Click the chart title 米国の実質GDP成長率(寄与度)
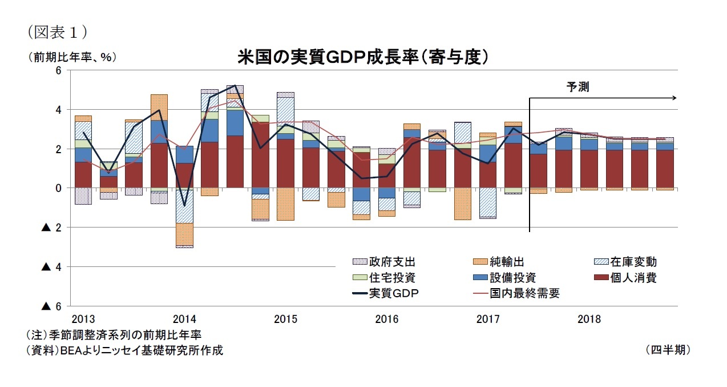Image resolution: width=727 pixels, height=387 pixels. (x=363, y=57)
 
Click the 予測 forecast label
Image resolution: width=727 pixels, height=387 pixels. (x=577, y=87)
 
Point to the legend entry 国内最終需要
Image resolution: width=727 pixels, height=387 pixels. (x=524, y=293)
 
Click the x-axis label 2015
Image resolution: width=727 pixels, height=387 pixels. (x=285, y=319)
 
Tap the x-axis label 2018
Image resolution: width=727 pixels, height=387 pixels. (x=588, y=319)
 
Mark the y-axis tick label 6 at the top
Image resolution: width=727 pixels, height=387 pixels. (x=58, y=70)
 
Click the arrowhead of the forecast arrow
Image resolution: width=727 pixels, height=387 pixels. (x=675, y=98)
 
